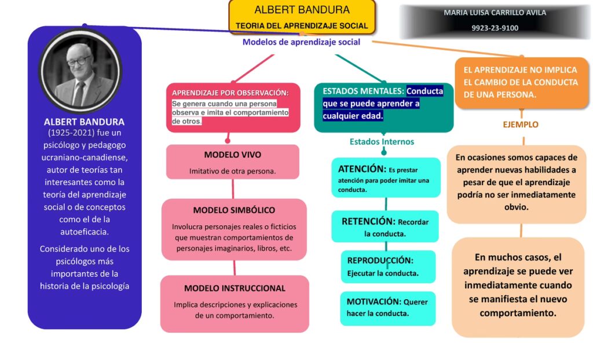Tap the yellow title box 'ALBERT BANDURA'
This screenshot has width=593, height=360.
pyautogui.click(x=302, y=17)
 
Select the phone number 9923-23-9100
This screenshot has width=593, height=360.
pyautogui.click(x=495, y=28)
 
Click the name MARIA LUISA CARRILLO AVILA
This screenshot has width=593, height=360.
pyautogui.click(x=495, y=12)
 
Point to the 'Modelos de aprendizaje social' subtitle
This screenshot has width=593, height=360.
pyautogui.click(x=301, y=42)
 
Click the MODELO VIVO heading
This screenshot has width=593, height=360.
pyautogui.click(x=232, y=155)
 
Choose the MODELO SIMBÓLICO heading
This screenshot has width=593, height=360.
pyautogui.click(x=234, y=210)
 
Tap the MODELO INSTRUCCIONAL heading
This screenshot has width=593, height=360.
pyautogui.click(x=235, y=288)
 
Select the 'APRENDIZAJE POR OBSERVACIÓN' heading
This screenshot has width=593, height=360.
pyautogui.click(x=230, y=93)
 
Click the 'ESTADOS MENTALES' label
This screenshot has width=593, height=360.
pyautogui.click(x=363, y=91)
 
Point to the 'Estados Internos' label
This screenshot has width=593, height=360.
pyautogui.click(x=382, y=141)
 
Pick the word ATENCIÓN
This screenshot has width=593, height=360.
pyautogui.click(x=362, y=169)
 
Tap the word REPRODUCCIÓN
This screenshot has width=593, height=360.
pyautogui.click(x=380, y=260)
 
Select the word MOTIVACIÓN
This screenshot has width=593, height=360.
pyautogui.click(x=374, y=302)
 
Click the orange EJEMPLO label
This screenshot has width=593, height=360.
pyautogui.click(x=520, y=124)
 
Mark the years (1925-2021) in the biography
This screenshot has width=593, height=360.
pyautogui.click(x=84, y=133)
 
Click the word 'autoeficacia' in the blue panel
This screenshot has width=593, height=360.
pyautogui.click(x=85, y=232)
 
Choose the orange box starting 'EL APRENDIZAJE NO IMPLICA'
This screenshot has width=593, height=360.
pyautogui.click(x=521, y=82)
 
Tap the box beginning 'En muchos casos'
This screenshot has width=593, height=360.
pyautogui.click(x=518, y=285)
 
